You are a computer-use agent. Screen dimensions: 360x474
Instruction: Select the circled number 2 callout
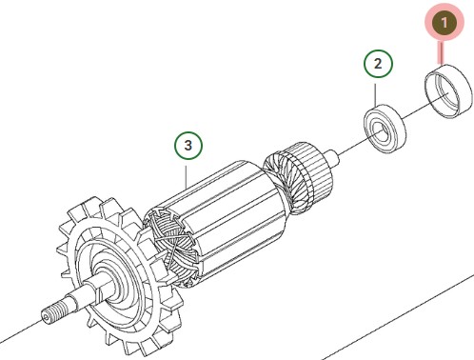coord(378,65)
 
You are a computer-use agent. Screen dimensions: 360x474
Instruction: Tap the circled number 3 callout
coord(188,146)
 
